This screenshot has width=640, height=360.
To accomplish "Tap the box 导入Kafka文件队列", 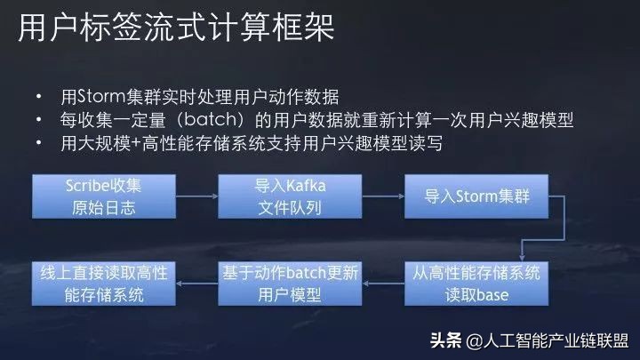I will click(x=279, y=196).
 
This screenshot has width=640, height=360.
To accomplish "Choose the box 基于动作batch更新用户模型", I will click(x=279, y=283).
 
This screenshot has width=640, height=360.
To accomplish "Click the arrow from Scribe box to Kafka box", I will click(x=185, y=196).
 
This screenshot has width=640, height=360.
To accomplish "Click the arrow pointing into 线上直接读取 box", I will click(x=185, y=283).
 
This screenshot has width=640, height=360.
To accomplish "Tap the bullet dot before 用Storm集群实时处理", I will click(x=38, y=97).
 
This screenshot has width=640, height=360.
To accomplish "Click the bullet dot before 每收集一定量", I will click(x=38, y=120).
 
